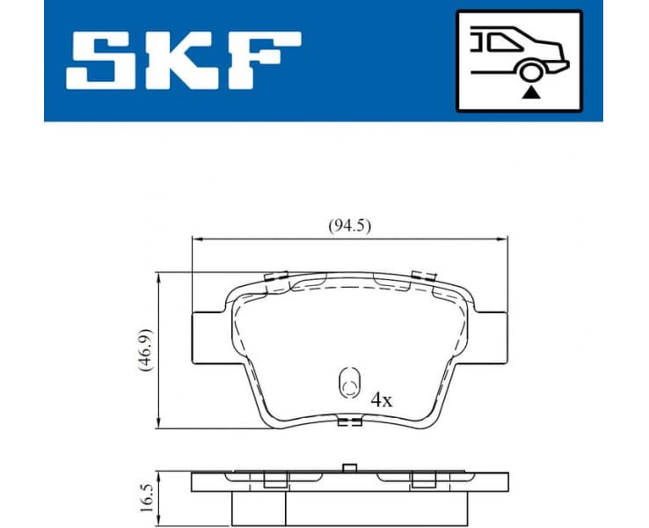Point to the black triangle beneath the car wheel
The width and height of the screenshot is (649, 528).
[x=531, y=92]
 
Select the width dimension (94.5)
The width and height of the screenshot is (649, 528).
[x=350, y=226]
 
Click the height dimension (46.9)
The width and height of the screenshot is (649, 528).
[x=145, y=351]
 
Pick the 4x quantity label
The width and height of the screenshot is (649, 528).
[x=381, y=399]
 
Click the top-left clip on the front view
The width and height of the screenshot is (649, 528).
[x=277, y=277]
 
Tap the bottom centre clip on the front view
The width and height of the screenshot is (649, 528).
[x=350, y=422]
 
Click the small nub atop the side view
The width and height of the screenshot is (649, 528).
[x=349, y=467]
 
